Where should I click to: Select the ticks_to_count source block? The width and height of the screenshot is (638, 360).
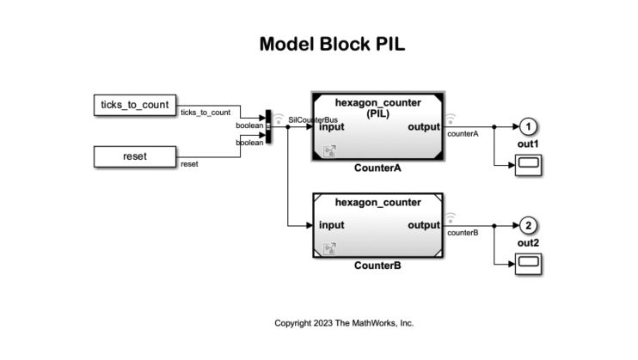(x=134, y=105)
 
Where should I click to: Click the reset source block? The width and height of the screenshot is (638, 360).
(x=134, y=156)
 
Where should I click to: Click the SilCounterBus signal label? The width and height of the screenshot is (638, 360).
(x=312, y=119)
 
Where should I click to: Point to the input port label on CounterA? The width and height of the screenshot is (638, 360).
(x=331, y=127)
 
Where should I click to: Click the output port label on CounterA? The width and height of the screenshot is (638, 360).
(x=423, y=127)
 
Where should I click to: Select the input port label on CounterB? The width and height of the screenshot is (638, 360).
(x=331, y=226)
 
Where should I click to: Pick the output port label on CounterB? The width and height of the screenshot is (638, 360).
(x=423, y=226)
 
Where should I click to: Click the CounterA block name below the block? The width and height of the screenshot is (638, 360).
(x=378, y=168)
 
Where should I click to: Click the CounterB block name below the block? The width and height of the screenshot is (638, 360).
(x=378, y=266)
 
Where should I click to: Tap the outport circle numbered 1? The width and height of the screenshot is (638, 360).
(x=528, y=127)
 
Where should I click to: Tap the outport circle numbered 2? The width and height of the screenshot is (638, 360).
(x=528, y=226)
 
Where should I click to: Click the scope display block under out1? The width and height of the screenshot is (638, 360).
(x=528, y=165)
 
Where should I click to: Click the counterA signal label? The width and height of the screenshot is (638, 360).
(x=463, y=135)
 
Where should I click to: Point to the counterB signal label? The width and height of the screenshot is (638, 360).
(x=463, y=233)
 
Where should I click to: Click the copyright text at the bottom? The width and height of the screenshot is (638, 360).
(x=344, y=323)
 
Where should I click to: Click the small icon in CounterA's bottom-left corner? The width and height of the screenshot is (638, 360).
(x=328, y=152)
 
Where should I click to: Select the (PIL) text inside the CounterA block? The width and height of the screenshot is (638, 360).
(x=378, y=114)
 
